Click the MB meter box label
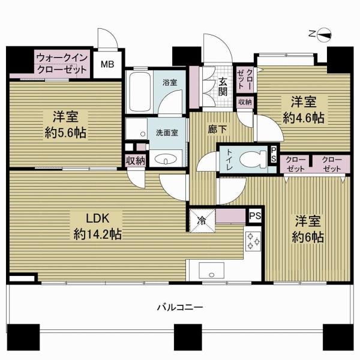[107, 65]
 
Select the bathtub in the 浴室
[140, 92]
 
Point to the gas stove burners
[253, 241]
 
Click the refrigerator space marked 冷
[202, 221]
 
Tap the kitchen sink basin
[211, 271]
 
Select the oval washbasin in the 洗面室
[166, 159]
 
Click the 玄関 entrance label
[223, 87]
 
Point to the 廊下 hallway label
[217, 130]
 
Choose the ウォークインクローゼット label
[62, 63]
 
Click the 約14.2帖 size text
[98, 235]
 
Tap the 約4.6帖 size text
[304, 118]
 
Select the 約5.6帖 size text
[65, 133]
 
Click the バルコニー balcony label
[180, 307]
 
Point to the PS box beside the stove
[255, 216]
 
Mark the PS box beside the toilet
[274, 154]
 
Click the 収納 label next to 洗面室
[136, 161]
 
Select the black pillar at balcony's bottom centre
[188, 340]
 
